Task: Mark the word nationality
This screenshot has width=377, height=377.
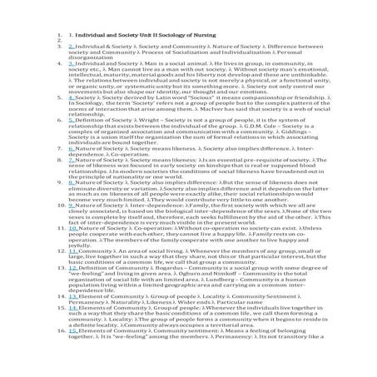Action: click(x=147, y=202)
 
